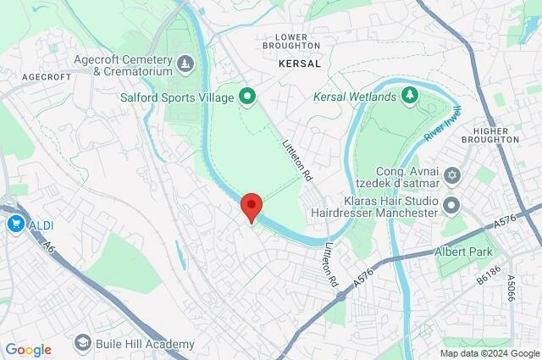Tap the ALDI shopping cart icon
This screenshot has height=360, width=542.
pos(15,224)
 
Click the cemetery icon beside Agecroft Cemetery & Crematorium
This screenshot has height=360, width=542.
pos(185,64)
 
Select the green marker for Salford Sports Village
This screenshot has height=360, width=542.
pos(247,97)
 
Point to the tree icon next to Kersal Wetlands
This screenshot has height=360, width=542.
pos(410,93)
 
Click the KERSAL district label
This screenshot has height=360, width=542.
pos(300,64)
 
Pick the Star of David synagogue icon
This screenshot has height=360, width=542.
pos(451,175)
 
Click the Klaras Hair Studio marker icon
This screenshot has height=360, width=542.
pos(451,203)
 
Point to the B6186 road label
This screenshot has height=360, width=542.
pos(489,274)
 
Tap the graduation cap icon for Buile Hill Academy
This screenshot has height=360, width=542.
pos(82,343)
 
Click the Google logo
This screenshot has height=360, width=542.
pos(28,350)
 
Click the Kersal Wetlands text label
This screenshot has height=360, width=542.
pos(355,97)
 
